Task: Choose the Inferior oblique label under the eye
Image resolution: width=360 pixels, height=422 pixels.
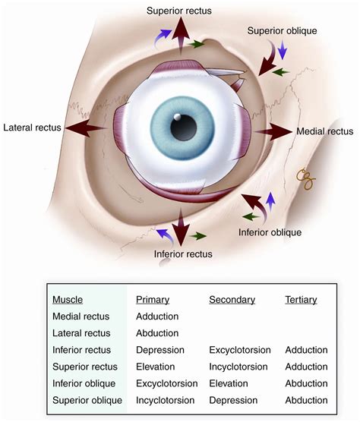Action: tap(270, 232)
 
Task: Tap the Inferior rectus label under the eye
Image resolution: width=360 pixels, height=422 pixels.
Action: tap(182, 254)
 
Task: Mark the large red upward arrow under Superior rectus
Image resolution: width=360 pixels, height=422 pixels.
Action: tap(181, 34)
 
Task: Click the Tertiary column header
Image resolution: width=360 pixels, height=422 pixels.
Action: tap(301, 299)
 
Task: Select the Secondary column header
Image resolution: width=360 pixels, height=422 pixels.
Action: tap(232, 299)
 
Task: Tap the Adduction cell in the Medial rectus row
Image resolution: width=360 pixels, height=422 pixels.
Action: tap(159, 316)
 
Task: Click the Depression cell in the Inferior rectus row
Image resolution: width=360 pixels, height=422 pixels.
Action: tap(160, 349)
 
